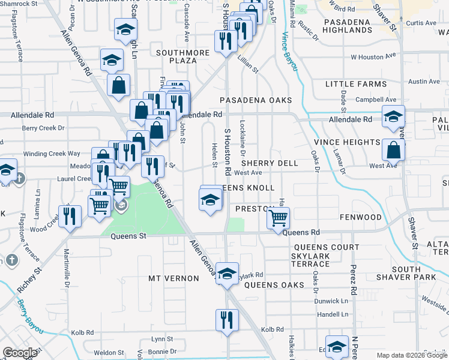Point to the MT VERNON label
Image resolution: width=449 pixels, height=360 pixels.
click(x=173, y=278)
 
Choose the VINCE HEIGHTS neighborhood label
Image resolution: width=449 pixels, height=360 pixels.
click(x=347, y=142)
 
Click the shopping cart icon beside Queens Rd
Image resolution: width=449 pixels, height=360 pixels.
click(x=278, y=218)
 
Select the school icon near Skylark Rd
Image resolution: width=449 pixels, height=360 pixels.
click(x=227, y=274)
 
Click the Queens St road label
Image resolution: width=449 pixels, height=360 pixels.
click(x=128, y=236)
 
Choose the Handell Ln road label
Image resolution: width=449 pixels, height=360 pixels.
click(x=333, y=314)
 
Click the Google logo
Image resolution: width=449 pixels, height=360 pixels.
click(x=20, y=353)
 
